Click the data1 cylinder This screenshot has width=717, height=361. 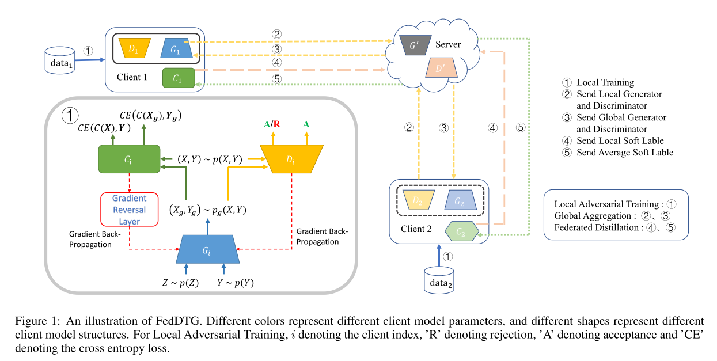point(60,60)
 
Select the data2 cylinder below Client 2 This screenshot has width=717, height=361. point(438,280)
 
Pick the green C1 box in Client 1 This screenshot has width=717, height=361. point(179,78)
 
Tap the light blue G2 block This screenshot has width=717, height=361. point(458,200)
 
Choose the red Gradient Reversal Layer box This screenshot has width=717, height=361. point(129,209)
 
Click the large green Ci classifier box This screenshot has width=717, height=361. point(129,158)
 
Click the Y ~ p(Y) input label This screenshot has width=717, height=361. point(235,283)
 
